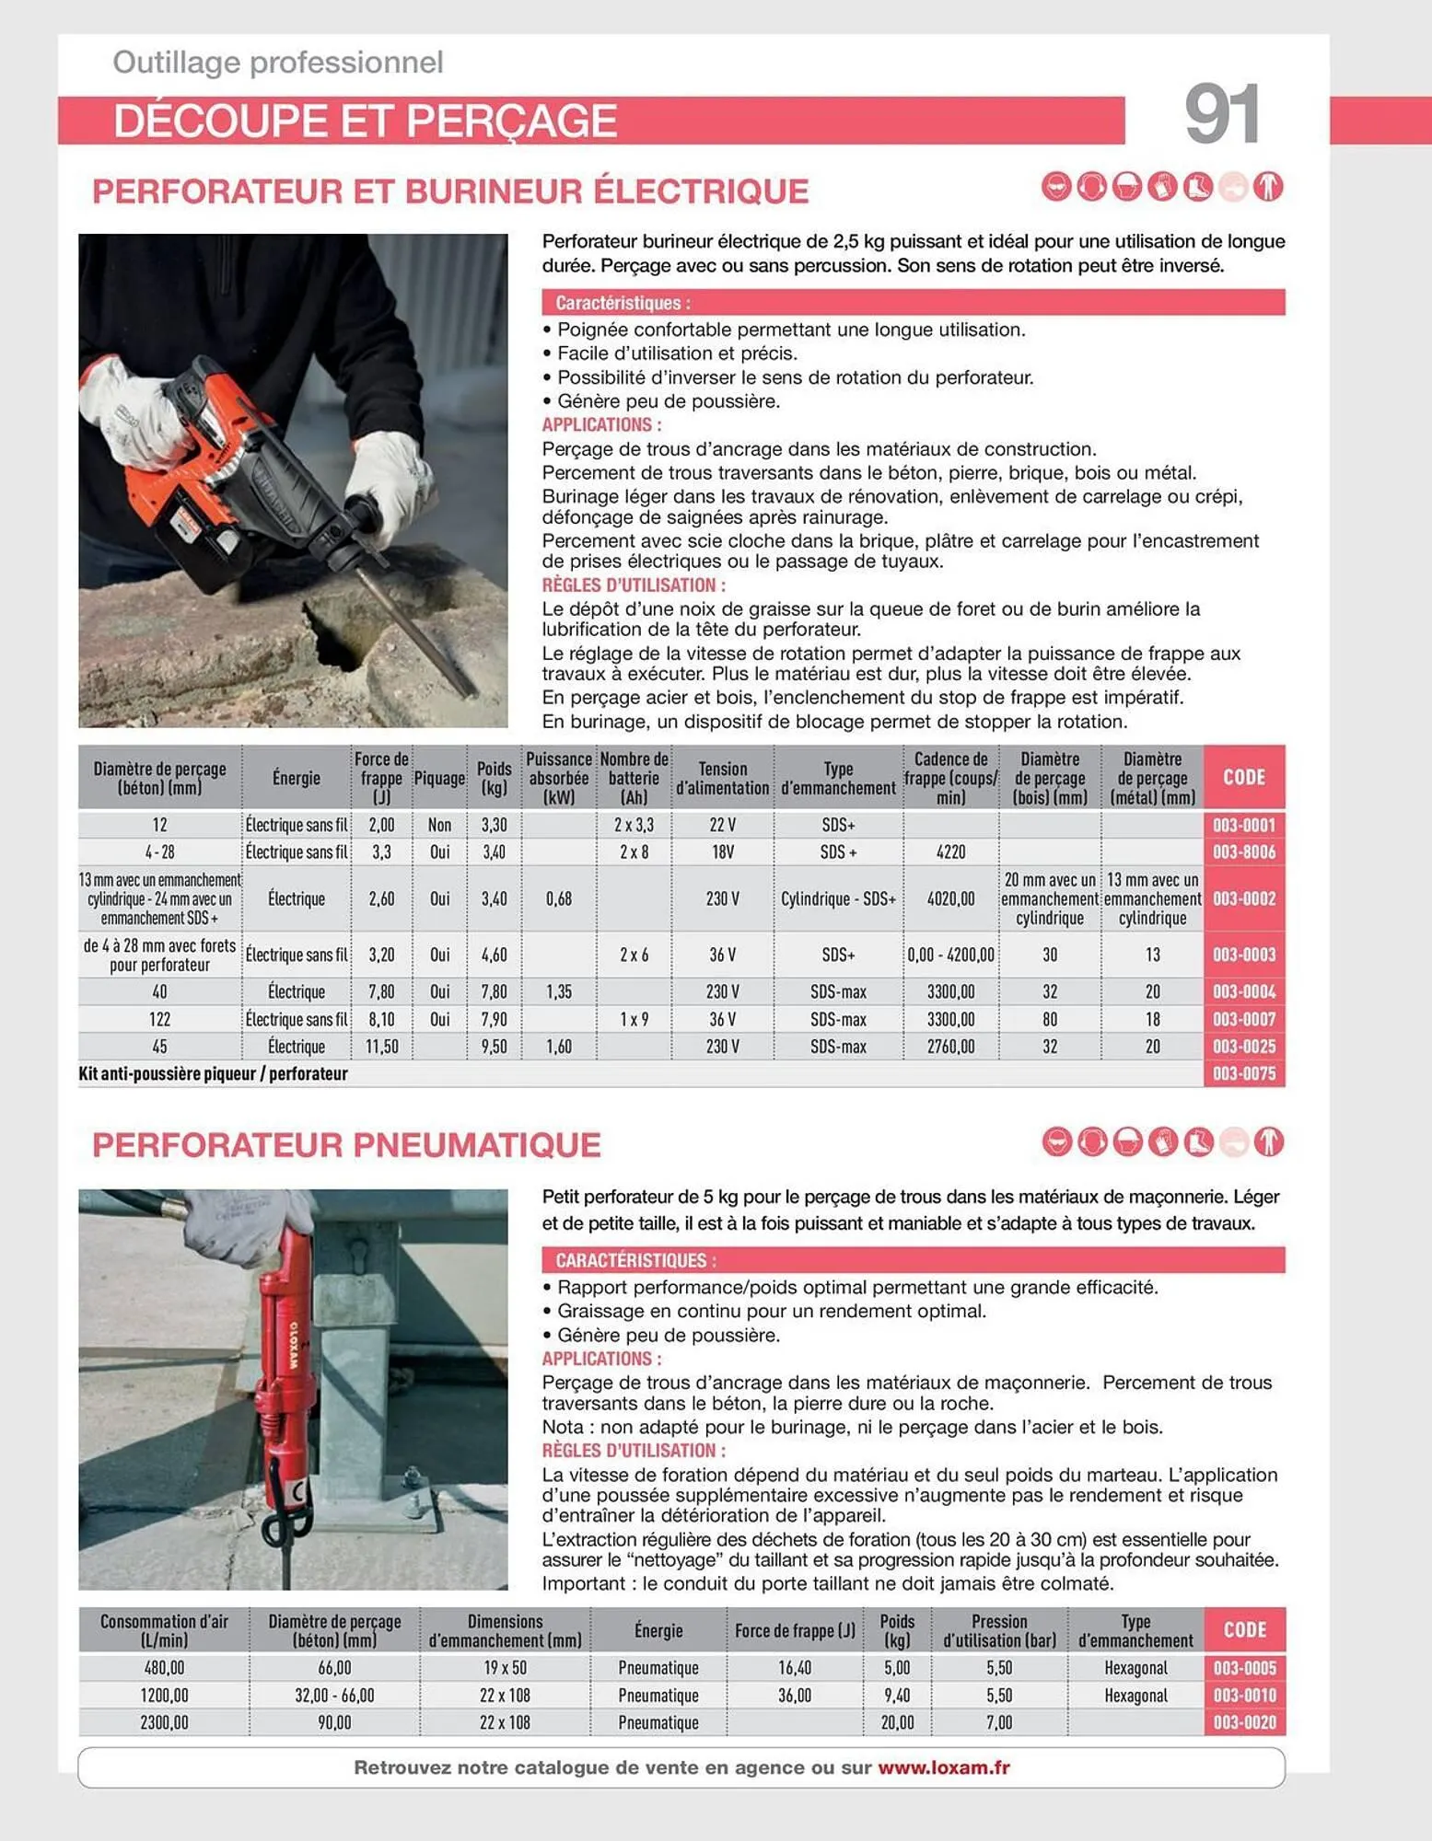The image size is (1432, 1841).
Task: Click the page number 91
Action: click(1221, 114)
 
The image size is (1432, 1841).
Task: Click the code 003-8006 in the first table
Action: click(1243, 852)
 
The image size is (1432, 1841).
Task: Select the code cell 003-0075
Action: click(1243, 1073)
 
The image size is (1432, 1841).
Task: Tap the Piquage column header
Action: click(439, 779)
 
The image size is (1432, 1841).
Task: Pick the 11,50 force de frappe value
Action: click(381, 1047)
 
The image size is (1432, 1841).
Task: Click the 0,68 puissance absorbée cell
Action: click(558, 898)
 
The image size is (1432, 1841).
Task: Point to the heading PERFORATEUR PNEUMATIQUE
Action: click(346, 1145)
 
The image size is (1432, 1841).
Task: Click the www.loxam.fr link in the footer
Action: click(943, 1767)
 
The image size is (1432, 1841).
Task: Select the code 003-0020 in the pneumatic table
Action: click(1244, 1722)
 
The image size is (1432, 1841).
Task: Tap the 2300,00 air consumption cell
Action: click(164, 1722)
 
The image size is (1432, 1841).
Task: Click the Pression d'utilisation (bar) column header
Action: click(999, 1630)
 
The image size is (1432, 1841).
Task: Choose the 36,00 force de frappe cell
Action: click(794, 1695)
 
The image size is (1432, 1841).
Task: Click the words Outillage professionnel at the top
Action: click(277, 63)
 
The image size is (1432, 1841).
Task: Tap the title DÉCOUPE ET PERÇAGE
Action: click(365, 121)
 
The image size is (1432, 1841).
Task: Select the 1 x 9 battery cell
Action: click(634, 1019)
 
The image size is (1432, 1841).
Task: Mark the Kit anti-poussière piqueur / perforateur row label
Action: click(214, 1073)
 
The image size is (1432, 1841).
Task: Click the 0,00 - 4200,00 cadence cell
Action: click(950, 955)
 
